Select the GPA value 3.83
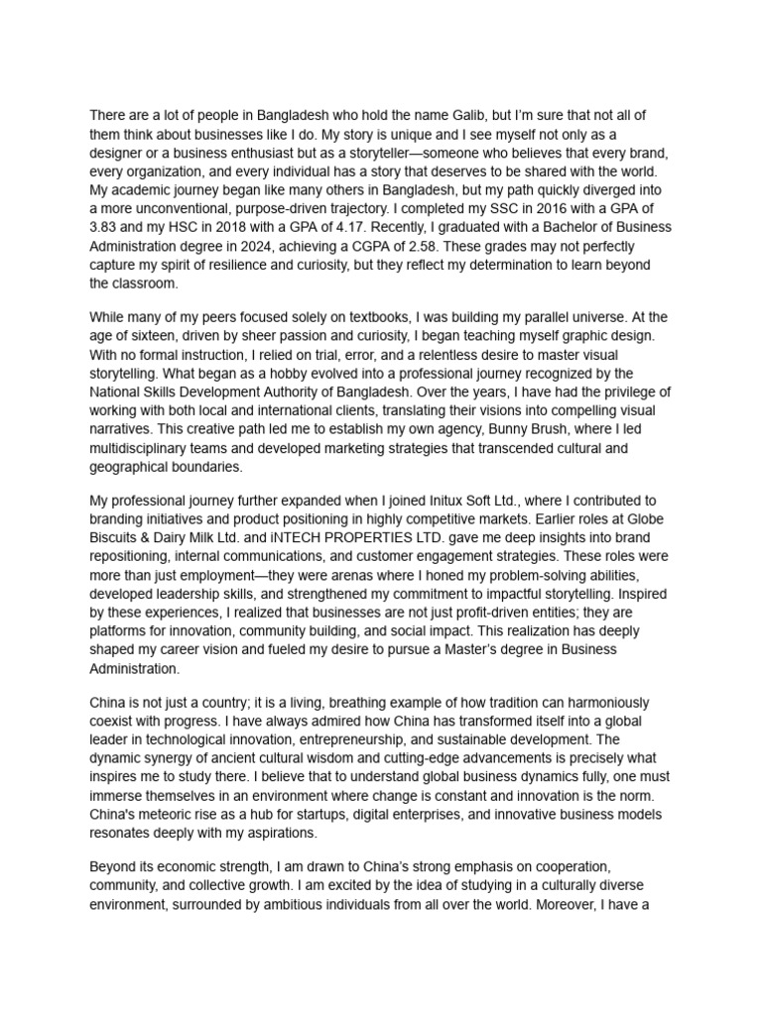(x=105, y=227)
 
